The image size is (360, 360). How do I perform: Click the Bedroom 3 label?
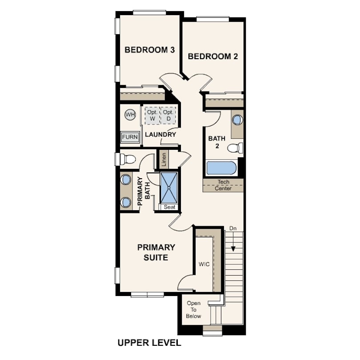point(149,50)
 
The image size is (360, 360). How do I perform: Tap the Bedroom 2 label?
point(213,56)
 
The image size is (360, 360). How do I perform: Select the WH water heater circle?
point(130,115)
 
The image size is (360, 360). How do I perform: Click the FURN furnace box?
point(130,137)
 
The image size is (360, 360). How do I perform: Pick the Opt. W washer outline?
point(152,116)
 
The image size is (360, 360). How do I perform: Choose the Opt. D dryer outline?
point(168,116)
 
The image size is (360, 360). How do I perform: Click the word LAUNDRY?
point(160,135)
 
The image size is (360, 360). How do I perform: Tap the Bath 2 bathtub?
point(221,168)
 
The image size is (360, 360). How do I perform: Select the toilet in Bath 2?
point(235,148)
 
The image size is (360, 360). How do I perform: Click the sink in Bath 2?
point(237,120)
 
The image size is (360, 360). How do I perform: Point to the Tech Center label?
point(223,185)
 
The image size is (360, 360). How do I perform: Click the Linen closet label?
point(164,160)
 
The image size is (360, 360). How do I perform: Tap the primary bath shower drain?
point(169,188)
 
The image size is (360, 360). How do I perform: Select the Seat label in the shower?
point(169,207)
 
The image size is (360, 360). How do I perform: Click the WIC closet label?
point(204,264)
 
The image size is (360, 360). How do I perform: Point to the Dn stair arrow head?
point(233,248)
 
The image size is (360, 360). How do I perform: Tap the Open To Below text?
point(193,310)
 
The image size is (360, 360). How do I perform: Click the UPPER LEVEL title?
point(149,343)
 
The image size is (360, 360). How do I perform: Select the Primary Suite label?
point(156,252)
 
